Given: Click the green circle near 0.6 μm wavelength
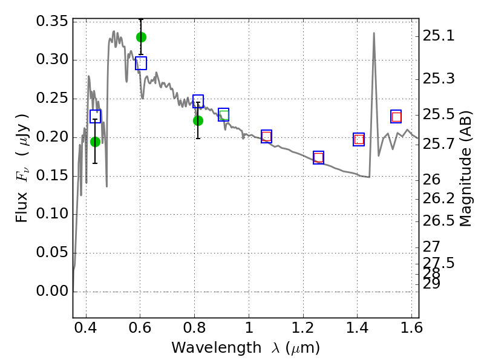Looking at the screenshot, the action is pyautogui.click(x=141, y=38).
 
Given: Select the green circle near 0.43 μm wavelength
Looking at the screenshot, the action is pyautogui.click(x=95, y=142).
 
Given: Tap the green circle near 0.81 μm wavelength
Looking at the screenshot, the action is pyautogui.click(x=198, y=120).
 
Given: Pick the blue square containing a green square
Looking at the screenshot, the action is pyautogui.click(x=223, y=115).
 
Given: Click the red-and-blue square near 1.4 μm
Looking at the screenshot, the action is pyautogui.click(x=359, y=140).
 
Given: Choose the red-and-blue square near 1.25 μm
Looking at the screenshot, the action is pyautogui.click(x=319, y=158).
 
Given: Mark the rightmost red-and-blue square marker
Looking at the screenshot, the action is pyautogui.click(x=396, y=117).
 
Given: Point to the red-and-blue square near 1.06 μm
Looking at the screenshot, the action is pyautogui.click(x=266, y=137).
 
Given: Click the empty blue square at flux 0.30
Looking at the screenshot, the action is pyautogui.click(x=141, y=64).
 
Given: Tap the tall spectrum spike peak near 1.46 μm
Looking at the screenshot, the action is pyautogui.click(x=374, y=33).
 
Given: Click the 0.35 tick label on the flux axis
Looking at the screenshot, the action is pyautogui.click(x=52, y=21).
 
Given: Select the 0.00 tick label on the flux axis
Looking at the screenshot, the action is pyautogui.click(x=52, y=291).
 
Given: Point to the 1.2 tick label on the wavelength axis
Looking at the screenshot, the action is pyautogui.click(x=303, y=328).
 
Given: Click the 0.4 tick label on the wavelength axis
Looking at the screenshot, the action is pyautogui.click(x=86, y=328).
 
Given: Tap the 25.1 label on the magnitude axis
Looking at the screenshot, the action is pyautogui.click(x=438, y=36).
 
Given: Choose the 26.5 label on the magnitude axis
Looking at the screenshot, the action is pyautogui.click(x=438, y=221).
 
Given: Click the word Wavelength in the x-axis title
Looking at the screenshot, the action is pyautogui.click(x=217, y=348).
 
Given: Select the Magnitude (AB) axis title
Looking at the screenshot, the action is pyautogui.click(x=465, y=169).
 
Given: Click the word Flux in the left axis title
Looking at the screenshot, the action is pyautogui.click(x=22, y=207).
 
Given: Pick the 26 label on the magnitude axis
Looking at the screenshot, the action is pyautogui.click(x=431, y=180).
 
